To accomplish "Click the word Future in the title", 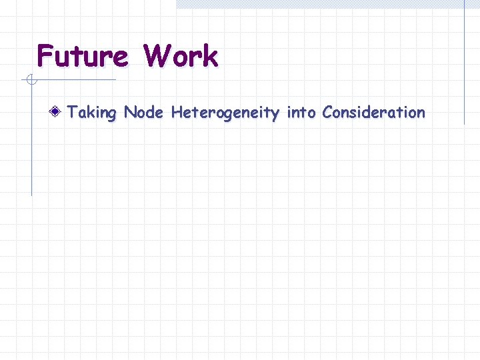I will pos(82,57).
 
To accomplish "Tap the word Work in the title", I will pos(180,57).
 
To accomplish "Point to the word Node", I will pos(143,112).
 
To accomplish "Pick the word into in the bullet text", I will pos(301,112).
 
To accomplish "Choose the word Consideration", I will pos(373,112).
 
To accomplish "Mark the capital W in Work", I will pos(157,57).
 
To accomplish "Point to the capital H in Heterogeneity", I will pos(177,112).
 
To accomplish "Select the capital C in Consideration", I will pos(327,112).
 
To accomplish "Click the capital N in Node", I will pos(130,112).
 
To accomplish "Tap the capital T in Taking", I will pos(73,112).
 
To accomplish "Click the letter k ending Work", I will pos(210,57).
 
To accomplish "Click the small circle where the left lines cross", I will pos(31,81).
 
